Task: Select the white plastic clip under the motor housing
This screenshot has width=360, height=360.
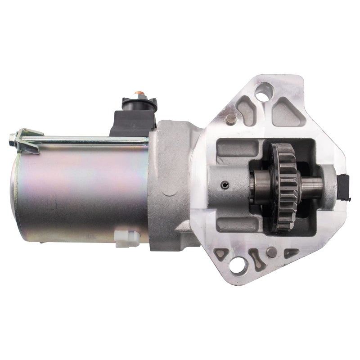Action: coord(124,239)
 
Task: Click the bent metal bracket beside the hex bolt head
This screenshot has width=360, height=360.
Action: coord(27,135)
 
